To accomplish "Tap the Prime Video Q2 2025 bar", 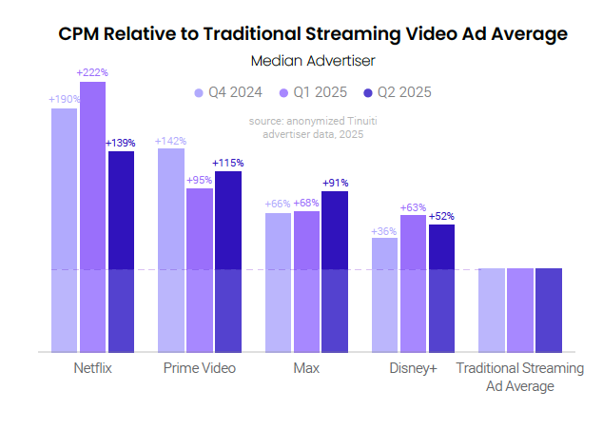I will (x=227, y=262).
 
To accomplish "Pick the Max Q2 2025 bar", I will (x=335, y=271).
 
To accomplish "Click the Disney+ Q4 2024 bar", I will (x=384, y=295).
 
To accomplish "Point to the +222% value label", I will (x=92, y=72).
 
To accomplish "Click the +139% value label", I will (x=121, y=143).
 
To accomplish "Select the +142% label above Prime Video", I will (x=170, y=141).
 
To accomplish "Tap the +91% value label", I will (x=335, y=183).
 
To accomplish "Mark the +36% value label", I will (x=384, y=230).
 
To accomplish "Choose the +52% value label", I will (x=441, y=217).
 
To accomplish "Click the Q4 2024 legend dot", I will (x=199, y=92).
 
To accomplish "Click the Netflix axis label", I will (x=92, y=368).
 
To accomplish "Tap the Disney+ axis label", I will (x=413, y=368).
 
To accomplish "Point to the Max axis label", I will (x=306, y=368).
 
